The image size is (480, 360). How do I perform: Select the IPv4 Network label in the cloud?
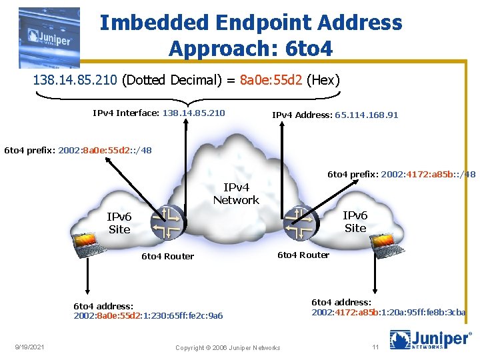[236, 194]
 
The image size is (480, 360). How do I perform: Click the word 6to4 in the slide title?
[307, 49]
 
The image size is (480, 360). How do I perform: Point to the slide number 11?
[375, 347]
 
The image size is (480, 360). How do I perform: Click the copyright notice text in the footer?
[227, 348]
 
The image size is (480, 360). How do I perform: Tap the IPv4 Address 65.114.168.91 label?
[335, 115]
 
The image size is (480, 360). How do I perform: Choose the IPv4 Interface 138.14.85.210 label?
[159, 113]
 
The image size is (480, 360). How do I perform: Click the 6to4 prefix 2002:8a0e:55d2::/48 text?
[78, 150]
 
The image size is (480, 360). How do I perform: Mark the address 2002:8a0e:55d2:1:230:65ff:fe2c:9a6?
[148, 315]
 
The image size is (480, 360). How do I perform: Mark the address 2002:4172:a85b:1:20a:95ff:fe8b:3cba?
[389, 312]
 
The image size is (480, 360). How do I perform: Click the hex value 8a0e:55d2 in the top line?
[270, 81]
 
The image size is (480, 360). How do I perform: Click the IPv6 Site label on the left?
[119, 223]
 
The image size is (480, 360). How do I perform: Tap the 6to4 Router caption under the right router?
[303, 255]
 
